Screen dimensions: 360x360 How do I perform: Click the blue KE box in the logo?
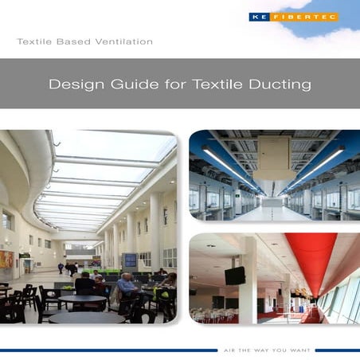[x=257, y=17]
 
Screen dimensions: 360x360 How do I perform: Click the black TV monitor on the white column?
[x=235, y=276]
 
